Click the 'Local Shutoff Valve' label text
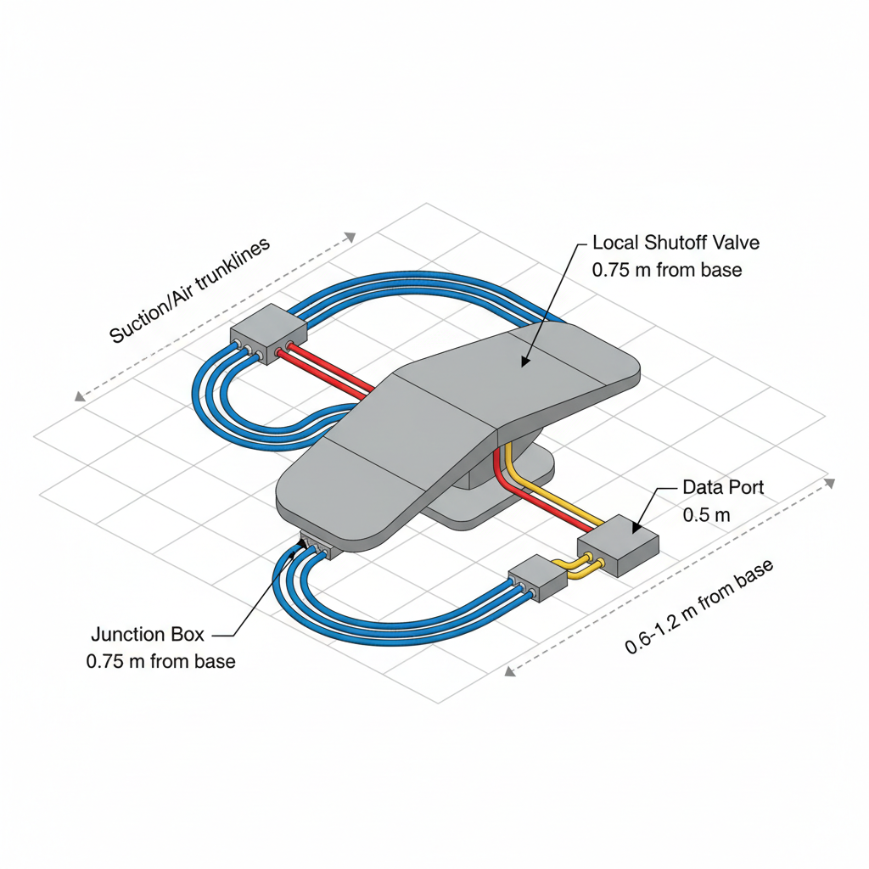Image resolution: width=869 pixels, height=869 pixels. [x=676, y=243]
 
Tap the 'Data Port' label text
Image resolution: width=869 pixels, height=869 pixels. [x=723, y=488]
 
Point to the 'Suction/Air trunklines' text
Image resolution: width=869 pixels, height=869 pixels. [x=190, y=289]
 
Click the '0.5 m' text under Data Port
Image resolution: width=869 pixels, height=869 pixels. [x=707, y=515]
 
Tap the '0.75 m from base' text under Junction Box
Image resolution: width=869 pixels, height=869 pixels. [x=161, y=661]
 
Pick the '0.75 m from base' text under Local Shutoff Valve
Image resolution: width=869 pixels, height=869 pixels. [x=667, y=270]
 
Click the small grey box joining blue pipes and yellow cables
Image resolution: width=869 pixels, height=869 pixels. [x=537, y=579]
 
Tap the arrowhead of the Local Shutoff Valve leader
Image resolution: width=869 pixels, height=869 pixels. [x=524, y=362]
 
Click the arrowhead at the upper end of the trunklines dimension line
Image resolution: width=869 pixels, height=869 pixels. [x=350, y=237]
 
